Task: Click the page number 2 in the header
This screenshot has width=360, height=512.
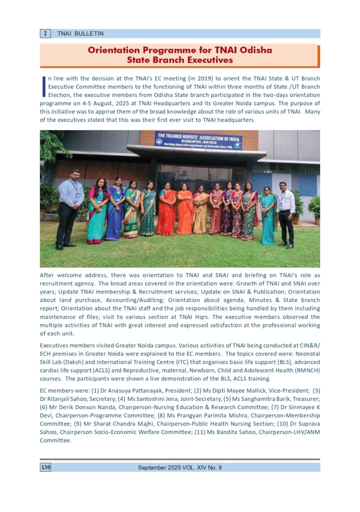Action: (x=45, y=33)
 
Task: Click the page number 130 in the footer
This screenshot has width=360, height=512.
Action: (x=45, y=467)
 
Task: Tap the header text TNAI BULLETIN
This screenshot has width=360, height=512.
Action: (x=80, y=33)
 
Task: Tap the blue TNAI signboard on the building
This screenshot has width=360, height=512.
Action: (x=198, y=140)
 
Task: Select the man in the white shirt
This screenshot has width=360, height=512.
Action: (x=285, y=214)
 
